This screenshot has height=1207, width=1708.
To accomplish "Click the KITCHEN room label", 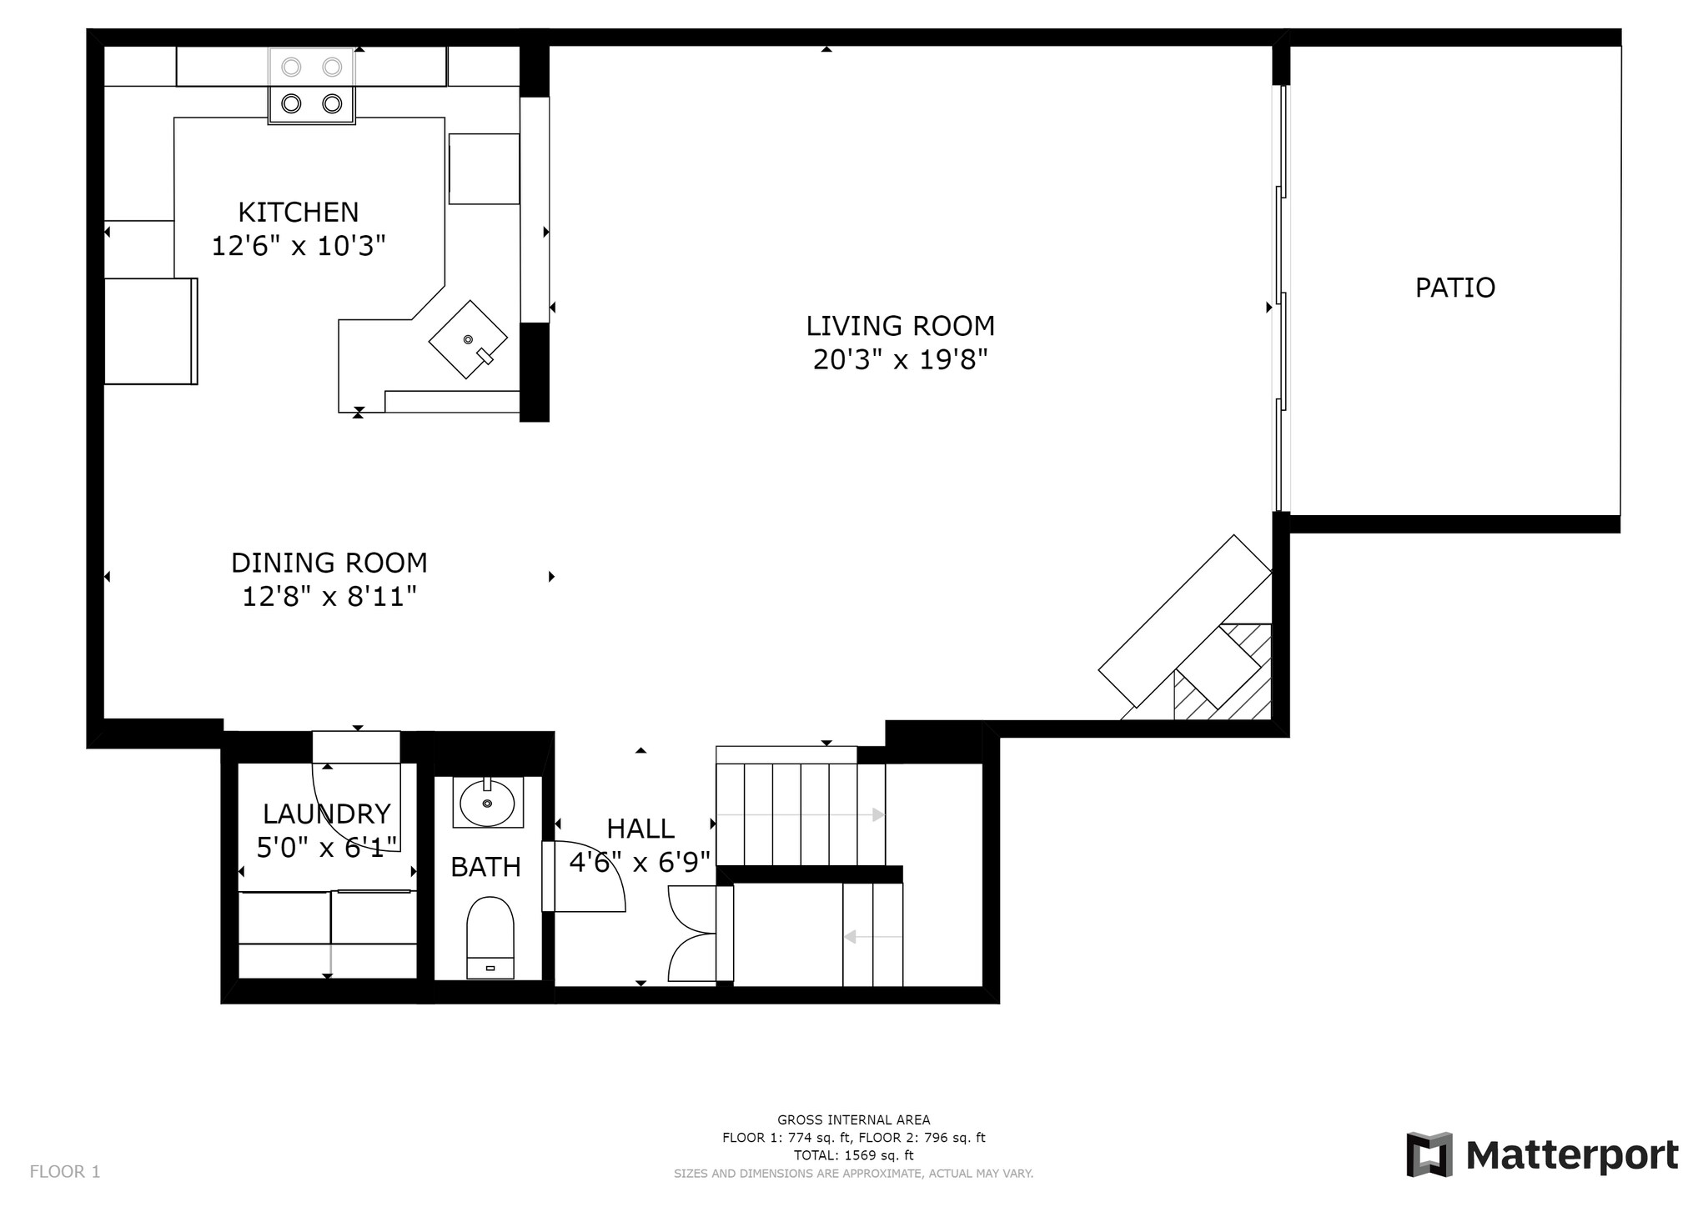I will [x=298, y=213].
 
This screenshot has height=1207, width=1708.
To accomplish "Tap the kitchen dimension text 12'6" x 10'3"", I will [x=298, y=247].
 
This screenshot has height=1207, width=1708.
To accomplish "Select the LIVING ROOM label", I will [x=900, y=326].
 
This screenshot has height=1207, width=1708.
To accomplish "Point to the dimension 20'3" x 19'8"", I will [x=900, y=360].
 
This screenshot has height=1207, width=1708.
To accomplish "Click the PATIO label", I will [x=1454, y=288].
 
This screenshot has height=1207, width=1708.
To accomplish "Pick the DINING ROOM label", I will [x=329, y=563].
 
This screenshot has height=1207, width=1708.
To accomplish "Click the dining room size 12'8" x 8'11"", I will [x=329, y=598].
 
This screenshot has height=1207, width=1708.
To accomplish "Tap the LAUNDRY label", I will [x=326, y=814].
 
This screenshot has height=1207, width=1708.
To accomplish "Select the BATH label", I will [x=485, y=868].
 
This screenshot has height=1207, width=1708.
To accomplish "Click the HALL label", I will [x=640, y=829].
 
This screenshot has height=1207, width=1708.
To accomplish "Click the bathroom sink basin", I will [x=487, y=804].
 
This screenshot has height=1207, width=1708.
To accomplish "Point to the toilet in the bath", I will [x=490, y=938].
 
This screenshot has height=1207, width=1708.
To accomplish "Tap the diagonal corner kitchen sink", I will [x=468, y=339].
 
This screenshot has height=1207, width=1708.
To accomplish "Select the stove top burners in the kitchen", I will [x=311, y=86].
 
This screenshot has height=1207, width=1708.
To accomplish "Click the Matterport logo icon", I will [x=1429, y=1154].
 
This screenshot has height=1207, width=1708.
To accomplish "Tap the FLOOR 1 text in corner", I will [x=65, y=1172].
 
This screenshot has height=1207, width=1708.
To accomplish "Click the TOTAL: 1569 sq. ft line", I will [x=853, y=1155].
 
